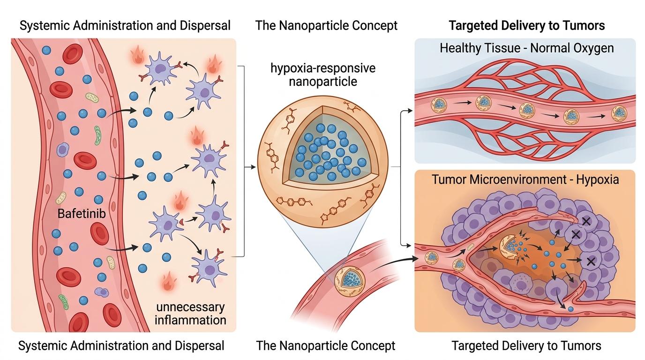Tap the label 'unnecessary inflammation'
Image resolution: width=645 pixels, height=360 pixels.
tap(190, 314)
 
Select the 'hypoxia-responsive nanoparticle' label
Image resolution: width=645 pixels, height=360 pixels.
tap(322, 75)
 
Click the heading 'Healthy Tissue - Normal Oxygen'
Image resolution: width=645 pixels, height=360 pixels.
tap(526, 48)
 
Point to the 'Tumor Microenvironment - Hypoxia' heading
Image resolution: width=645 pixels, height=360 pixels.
tap(525, 180)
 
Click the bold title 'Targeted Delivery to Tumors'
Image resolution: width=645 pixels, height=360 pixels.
tap(526, 25)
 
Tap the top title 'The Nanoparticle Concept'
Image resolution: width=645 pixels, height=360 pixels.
tap(326, 25)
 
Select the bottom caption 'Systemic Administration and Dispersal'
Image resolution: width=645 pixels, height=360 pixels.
tap(121, 346)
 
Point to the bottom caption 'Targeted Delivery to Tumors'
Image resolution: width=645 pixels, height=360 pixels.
tap(526, 346)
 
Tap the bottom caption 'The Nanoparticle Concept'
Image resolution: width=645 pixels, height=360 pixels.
tap(326, 346)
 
